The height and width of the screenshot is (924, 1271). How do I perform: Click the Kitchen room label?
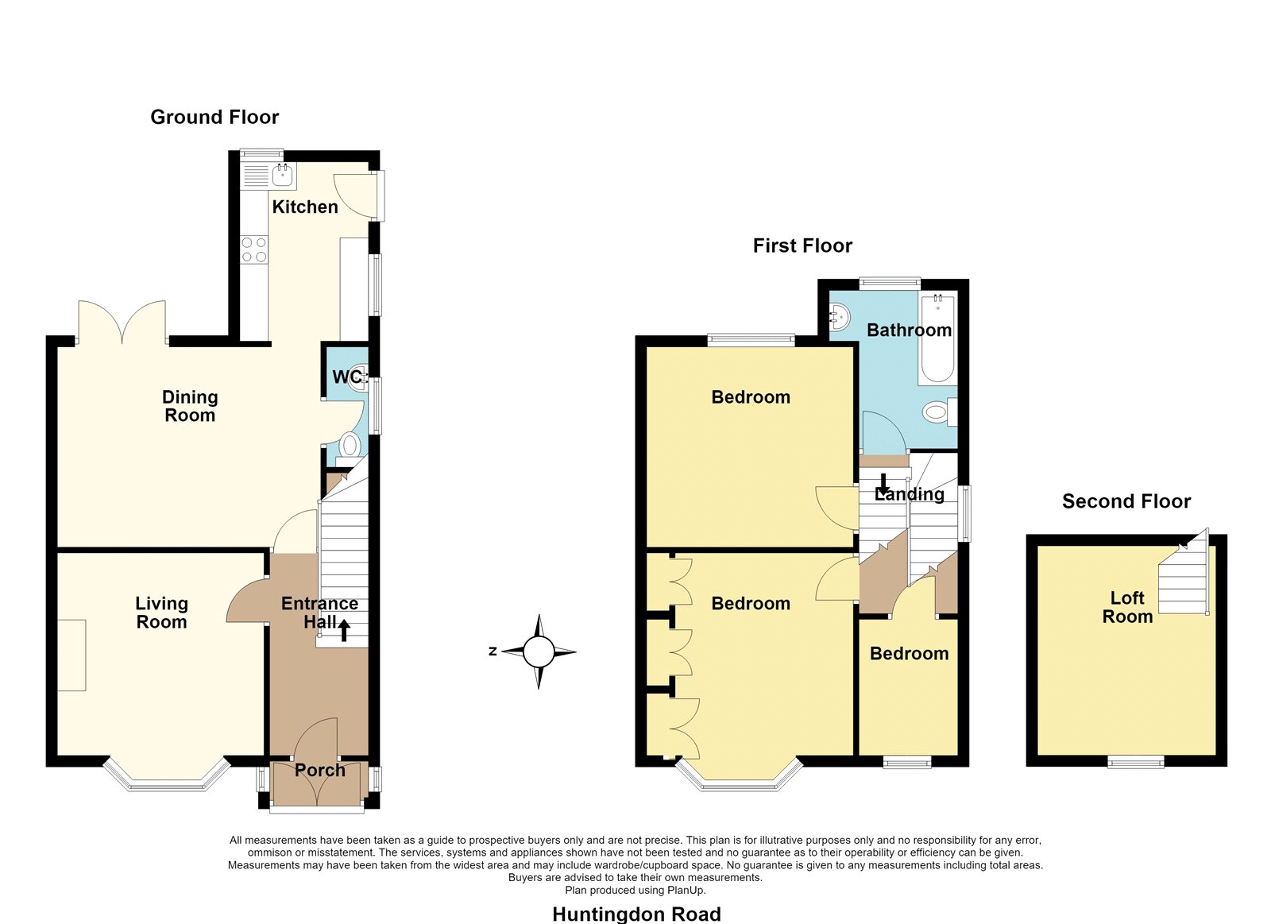[305, 207]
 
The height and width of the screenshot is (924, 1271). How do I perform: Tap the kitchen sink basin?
[283, 176]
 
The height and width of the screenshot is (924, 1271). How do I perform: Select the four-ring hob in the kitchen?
[254, 249]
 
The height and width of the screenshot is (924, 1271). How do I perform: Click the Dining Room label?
[190, 406]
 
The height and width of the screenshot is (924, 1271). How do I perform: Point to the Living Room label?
[162, 613]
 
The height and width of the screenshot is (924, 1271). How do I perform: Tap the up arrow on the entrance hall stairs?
[344, 631]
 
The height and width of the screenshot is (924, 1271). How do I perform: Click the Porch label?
[320, 770]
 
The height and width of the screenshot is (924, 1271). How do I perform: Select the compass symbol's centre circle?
[539, 651]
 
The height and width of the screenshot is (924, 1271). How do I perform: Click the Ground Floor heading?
[214, 117]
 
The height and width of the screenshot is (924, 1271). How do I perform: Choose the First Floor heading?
[802, 245]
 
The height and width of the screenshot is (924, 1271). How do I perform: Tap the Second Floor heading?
[1126, 501]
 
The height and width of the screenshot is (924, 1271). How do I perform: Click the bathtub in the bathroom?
[937, 338]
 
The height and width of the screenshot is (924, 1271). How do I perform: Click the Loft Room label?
[1127, 607]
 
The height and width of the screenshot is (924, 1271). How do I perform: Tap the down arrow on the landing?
[883, 484]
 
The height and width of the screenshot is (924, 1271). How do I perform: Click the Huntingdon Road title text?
[636, 914]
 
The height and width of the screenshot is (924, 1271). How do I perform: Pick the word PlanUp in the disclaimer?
[686, 890]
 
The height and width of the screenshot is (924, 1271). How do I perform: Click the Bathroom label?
[909, 330]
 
